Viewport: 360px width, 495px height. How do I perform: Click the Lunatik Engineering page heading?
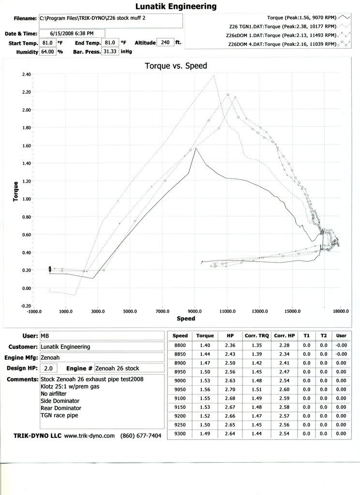pos(176,6)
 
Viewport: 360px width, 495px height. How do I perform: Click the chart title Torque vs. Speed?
pos(176,66)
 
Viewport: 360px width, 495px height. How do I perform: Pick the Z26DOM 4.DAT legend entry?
pos(282,44)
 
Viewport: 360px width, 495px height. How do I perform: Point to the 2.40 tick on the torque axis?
pos(27,74)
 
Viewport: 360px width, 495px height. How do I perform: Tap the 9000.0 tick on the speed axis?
pos(195,311)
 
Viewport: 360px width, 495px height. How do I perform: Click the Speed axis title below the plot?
pos(186,319)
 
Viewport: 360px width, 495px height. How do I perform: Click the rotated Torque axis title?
pos(15,191)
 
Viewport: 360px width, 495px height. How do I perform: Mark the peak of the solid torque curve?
pos(196,148)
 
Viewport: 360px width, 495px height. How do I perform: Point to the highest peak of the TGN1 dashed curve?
pos(214,75)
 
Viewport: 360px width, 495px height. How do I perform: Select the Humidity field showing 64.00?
pos(47,51)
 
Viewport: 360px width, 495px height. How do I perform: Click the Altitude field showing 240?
pos(165,43)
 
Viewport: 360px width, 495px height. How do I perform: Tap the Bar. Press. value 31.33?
pos(110,51)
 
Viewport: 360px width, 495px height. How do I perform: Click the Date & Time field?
pos(72,33)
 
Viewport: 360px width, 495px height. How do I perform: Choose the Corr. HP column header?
pos(285,335)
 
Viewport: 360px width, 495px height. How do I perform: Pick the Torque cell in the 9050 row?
pos(205,389)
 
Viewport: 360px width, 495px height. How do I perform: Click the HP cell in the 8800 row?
pos(230,345)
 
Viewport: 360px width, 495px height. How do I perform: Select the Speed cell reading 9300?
pos(180,434)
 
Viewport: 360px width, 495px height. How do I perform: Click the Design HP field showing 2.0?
pos(48,368)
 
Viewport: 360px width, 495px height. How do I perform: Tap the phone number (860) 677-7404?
pos(141,436)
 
